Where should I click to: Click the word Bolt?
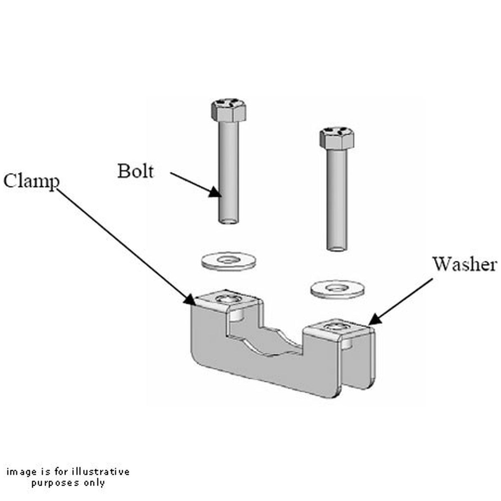click(135, 171)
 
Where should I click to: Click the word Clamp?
click(31, 181)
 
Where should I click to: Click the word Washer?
click(464, 264)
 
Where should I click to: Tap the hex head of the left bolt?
click(229, 110)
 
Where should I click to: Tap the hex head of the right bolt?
click(337, 138)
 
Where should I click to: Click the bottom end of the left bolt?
click(228, 222)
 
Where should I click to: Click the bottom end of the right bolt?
click(337, 248)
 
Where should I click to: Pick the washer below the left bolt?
click(227, 261)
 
